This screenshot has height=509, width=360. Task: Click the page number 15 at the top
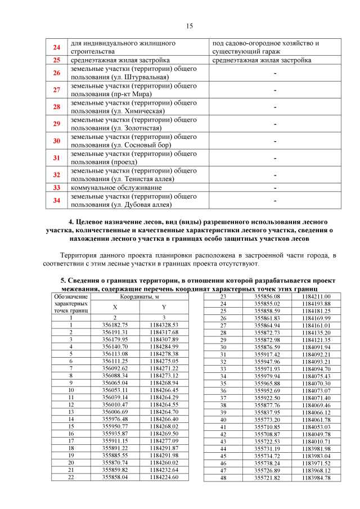point(190,26)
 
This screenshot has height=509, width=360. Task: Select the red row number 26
point(56,73)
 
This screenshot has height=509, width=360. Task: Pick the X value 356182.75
point(115,325)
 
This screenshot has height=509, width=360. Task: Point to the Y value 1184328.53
point(164,325)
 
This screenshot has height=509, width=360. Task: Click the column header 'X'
point(115,307)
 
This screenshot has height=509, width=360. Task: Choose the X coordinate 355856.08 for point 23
point(267,296)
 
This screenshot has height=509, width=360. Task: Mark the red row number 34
point(56,200)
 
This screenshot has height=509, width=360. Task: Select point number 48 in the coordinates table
point(223,478)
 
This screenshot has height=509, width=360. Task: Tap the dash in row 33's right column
point(275,187)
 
